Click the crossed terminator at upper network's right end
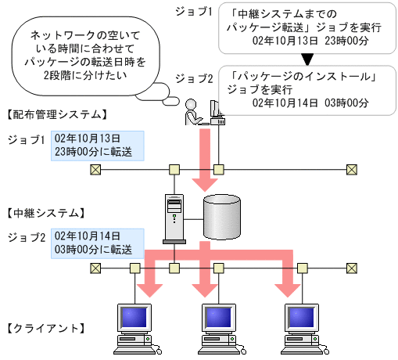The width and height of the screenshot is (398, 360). coord(351,169)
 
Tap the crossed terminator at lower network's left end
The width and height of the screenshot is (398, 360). coord(95,268)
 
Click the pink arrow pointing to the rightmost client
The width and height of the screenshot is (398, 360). coord(285,282)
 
